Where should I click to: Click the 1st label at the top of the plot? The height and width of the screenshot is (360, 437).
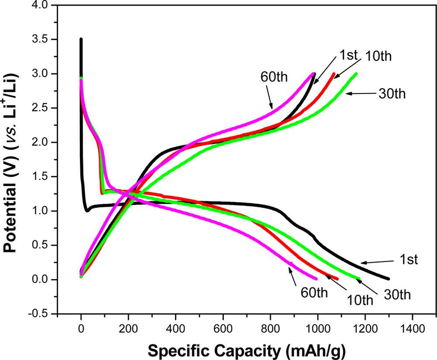pyautogui.click(x=348, y=55)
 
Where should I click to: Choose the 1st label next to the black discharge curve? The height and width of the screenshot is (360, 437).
pyautogui.click(x=408, y=261)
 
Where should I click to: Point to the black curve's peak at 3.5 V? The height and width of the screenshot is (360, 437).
pyautogui.click(x=81, y=39)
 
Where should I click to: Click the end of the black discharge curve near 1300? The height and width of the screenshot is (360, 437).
pyautogui.click(x=388, y=279)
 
